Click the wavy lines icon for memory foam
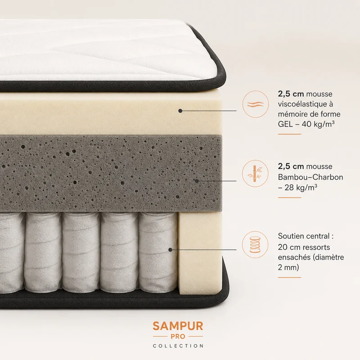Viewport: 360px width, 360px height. click(255, 104)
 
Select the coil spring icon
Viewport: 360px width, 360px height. click(255, 244)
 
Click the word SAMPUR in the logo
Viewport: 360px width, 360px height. click(178, 326)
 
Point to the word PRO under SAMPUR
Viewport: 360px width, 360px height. click(178, 337)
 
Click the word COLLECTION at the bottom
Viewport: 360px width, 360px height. click(178, 346)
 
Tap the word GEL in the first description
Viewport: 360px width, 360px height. click(285, 124)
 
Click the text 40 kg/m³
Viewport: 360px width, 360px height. click(318, 124)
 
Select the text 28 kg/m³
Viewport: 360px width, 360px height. click(301, 188)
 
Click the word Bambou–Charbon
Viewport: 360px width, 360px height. click(310, 177)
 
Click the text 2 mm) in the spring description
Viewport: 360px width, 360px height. click(288, 267)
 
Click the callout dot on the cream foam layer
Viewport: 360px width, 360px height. click(180, 111)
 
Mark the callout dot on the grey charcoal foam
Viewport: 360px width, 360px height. click(197, 181)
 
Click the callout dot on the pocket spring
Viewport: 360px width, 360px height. click(171, 250)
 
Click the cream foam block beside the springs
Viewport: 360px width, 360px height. click(200, 252)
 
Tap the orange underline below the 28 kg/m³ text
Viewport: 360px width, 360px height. click(289, 198)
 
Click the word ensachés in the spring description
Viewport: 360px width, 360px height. click(294, 257)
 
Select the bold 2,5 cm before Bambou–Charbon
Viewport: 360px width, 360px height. click(291, 166)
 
